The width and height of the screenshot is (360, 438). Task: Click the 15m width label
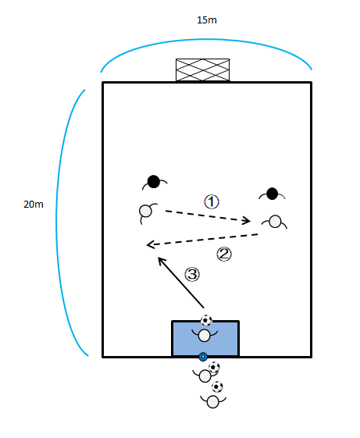pos(207,20)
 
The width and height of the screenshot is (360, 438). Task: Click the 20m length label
pos(34,205)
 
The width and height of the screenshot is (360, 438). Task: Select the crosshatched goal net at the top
pos(202,69)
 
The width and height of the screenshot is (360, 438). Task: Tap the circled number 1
pos(212,202)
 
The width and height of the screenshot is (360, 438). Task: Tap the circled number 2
pos(224,255)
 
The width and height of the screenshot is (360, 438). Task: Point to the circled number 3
pos(192,274)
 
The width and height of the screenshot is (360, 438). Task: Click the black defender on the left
pos(154,182)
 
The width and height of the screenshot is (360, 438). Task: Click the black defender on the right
pos(272,194)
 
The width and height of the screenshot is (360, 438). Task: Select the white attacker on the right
pos(275,222)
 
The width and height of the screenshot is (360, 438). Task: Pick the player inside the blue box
pos(205,335)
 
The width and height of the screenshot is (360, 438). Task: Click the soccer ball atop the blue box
pos(207,320)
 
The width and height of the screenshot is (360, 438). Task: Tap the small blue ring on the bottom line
pos(203,357)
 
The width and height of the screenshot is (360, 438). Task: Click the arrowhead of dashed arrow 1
pos(247,221)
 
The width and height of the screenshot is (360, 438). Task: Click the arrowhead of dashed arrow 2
pos(151,244)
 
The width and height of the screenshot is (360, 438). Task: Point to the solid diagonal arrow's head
pos(161,260)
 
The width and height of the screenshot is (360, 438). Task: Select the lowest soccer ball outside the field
pos(217,387)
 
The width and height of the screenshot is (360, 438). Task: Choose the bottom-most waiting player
pos(213,401)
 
